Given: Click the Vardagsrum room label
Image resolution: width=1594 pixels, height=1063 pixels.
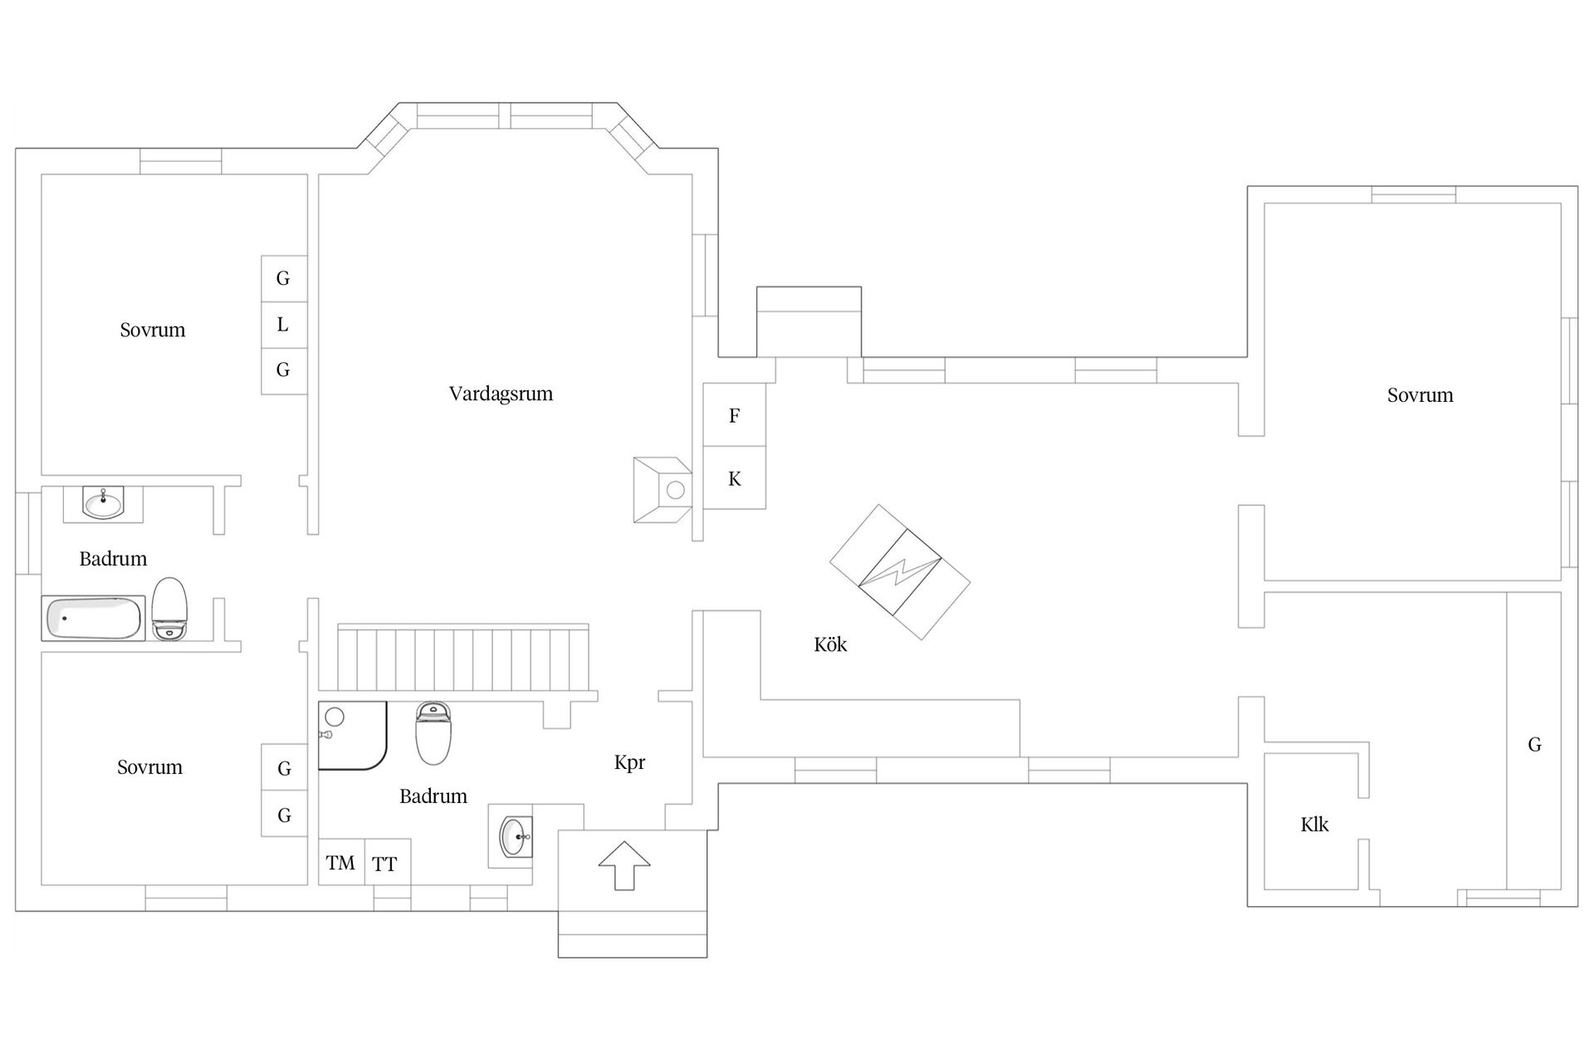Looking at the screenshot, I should [x=501, y=394].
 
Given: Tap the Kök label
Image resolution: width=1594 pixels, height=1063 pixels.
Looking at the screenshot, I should [x=830, y=644].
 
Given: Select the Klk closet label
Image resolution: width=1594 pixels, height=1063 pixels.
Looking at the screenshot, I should [x=1314, y=825].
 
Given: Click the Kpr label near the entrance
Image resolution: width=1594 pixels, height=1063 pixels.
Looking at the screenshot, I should [x=629, y=762].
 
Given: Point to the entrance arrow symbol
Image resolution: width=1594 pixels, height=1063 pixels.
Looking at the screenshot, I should [x=624, y=865].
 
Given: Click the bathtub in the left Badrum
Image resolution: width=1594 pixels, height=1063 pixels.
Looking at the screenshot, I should [x=94, y=619].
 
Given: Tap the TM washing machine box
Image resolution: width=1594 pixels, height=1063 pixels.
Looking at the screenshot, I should [x=341, y=863].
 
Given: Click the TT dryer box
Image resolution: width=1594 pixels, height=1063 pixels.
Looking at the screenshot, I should [x=385, y=864].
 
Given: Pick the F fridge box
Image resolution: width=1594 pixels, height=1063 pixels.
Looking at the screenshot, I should [x=734, y=415].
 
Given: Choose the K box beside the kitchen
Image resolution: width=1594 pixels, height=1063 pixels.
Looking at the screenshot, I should [x=734, y=478].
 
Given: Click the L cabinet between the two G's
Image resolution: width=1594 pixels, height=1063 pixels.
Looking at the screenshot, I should [x=283, y=324].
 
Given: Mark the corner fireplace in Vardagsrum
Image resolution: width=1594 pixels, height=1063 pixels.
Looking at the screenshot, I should [x=663, y=489].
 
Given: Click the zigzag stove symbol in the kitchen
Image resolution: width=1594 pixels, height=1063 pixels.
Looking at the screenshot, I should [x=900, y=573].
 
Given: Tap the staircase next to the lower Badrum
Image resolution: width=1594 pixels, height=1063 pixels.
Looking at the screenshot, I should [x=462, y=659].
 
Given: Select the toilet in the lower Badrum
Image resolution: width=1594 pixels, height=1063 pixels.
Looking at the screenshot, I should [x=433, y=733].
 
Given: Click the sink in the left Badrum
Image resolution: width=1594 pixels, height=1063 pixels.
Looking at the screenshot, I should [x=104, y=503].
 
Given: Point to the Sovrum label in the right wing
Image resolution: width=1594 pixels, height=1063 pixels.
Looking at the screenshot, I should [x=1420, y=395].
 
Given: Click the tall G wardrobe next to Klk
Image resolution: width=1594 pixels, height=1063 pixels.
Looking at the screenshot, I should [x=1533, y=745].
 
